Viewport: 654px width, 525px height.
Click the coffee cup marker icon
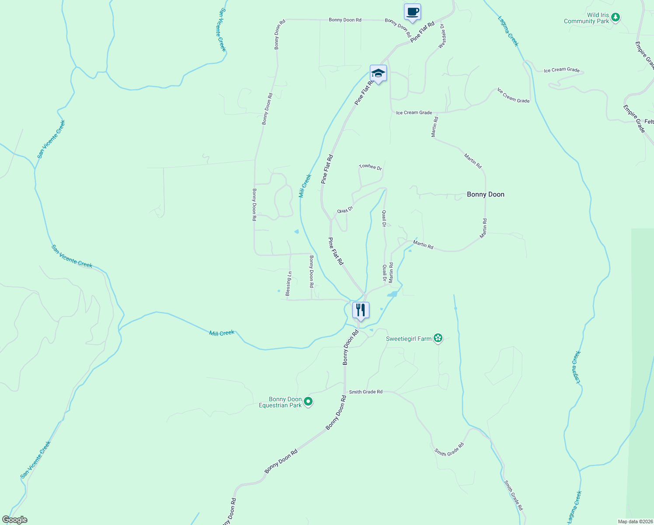(412, 12)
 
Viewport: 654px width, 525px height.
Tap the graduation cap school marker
(378, 73)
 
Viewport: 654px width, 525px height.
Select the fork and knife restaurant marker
(361, 310)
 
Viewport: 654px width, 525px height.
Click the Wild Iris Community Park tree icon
(616, 17)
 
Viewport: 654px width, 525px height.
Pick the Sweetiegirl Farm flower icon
(438, 338)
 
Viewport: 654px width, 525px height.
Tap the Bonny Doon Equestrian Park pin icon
(308, 401)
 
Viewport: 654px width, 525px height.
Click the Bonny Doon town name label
(485, 194)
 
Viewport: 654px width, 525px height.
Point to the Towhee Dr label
(370, 167)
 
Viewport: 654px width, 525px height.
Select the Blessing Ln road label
(288, 283)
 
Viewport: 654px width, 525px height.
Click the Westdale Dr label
(442, 36)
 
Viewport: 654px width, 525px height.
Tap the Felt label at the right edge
(649, 122)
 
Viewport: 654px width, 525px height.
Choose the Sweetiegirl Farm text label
(409, 339)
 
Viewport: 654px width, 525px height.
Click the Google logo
(14, 520)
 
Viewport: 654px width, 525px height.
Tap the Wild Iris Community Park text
(586, 18)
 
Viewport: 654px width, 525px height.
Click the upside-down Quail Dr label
(344, 210)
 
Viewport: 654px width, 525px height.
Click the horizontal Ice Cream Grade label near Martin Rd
(414, 112)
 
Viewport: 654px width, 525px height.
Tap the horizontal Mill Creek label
(222, 333)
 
